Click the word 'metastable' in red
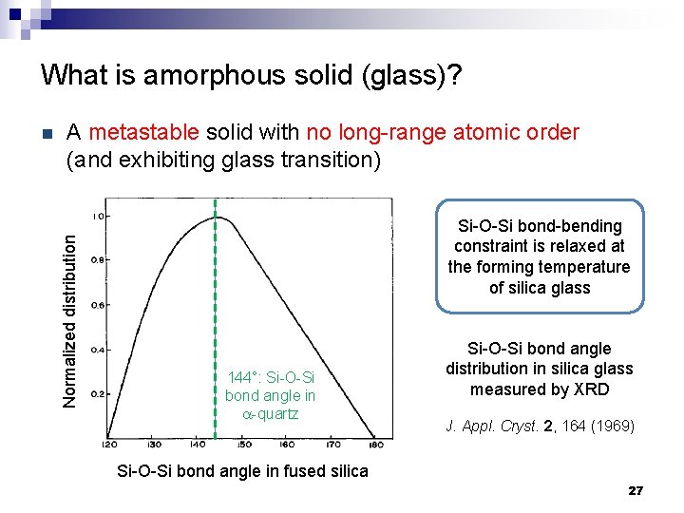pos(142,132)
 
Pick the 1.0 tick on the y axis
pos(98,215)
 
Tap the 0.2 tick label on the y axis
pos(97,393)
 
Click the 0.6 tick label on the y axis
pos(97,305)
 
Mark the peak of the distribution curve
pos(218,218)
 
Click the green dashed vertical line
pos(216,285)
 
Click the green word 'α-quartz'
pos(271,414)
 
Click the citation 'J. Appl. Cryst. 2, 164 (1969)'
pos(540,426)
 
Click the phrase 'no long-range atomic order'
pos(440,132)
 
